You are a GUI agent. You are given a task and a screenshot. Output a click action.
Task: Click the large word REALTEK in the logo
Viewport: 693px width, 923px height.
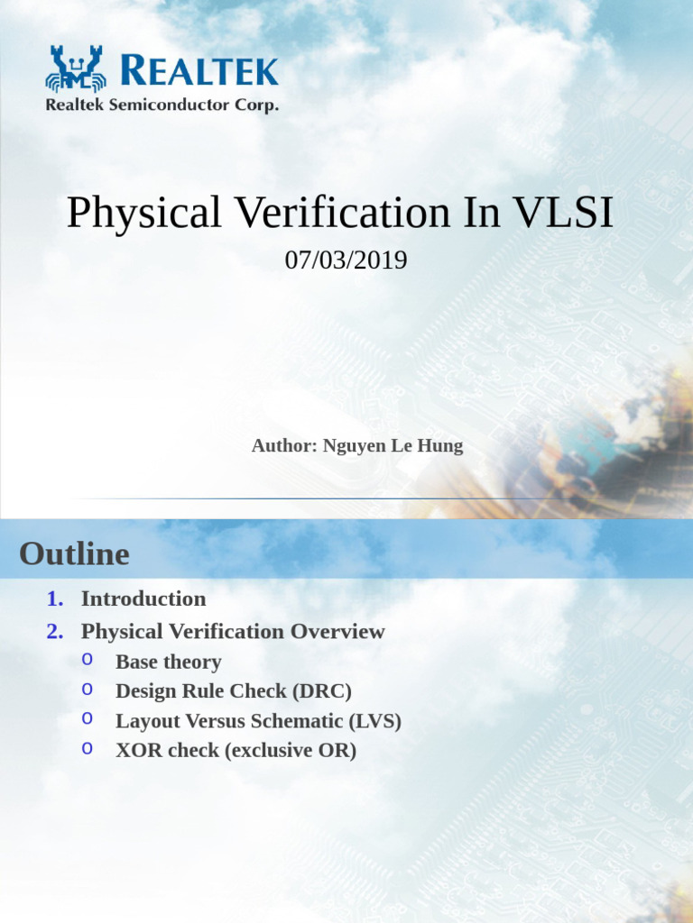pos(199,70)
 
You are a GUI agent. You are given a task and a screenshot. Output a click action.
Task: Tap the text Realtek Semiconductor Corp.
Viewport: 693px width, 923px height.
pos(162,105)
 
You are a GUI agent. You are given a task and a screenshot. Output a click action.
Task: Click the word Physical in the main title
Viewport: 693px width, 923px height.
pos(143,214)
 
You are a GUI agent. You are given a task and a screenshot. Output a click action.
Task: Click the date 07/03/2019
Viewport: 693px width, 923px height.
pos(346,260)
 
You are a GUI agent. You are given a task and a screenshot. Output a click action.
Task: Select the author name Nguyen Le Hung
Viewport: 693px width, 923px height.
pos(392,446)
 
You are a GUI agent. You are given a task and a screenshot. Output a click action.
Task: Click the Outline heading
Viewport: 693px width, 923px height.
pos(74,553)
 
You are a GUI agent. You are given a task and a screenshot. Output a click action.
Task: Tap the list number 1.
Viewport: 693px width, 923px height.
pos(54,599)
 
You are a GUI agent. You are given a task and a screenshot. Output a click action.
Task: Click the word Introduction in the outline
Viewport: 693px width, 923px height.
pos(143,599)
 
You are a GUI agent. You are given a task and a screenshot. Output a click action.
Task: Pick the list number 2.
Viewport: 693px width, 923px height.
pos(54,632)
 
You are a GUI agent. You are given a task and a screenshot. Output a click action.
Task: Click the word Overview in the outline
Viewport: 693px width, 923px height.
pos(337,632)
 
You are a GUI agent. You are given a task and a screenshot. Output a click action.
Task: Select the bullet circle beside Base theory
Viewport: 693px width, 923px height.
pos(87,659)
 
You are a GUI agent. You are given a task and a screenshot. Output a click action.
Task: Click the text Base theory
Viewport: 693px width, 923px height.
pos(168,663)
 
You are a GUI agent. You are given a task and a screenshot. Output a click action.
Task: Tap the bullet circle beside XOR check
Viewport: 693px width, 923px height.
pos(87,747)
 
